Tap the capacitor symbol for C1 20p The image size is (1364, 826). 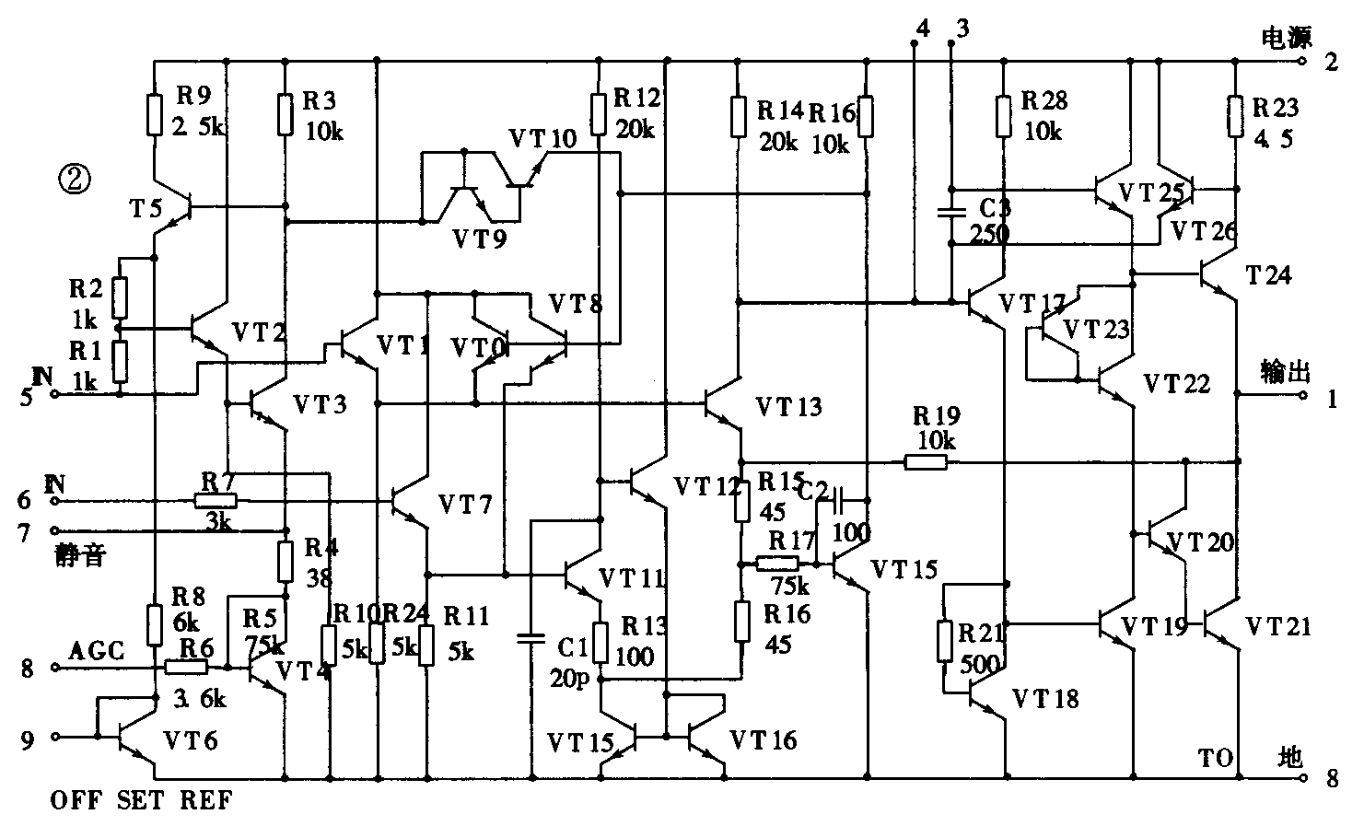pyautogui.click(x=530, y=637)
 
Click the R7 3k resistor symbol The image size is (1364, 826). pyautogui.click(x=216, y=501)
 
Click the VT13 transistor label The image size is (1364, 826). pyautogui.click(x=788, y=406)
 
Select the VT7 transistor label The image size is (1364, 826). pyautogui.click(x=465, y=504)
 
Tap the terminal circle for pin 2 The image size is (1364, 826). pyautogui.click(x=1301, y=62)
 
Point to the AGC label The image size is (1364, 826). pyautogui.click(x=97, y=650)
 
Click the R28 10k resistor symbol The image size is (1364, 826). pyautogui.click(x=1005, y=114)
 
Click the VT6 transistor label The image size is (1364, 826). pyautogui.click(x=191, y=739)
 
